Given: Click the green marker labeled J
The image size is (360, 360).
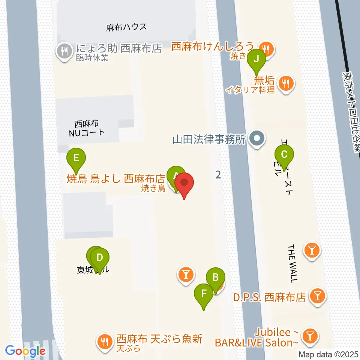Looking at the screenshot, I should point(256,59).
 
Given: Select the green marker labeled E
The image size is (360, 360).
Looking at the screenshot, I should point(76,157).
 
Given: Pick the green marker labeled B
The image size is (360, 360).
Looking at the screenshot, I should point(216,278).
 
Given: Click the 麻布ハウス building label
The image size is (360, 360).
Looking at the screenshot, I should point(126,27).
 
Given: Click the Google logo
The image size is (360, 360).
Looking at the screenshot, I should point(25,351).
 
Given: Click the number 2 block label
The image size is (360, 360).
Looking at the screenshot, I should point(218,174).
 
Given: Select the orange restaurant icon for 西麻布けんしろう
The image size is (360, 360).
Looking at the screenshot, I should point(267,48).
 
